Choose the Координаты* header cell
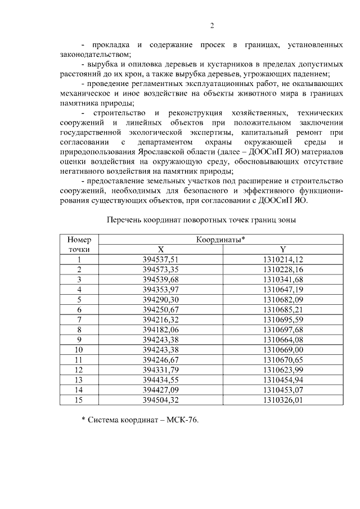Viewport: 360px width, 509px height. point(221,240)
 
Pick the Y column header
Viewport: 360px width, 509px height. point(283,249)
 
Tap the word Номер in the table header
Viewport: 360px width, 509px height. point(79,240)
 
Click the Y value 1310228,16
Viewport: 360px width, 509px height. point(283,269)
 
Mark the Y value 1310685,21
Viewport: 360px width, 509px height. point(283,309)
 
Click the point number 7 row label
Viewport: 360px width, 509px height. point(79,319)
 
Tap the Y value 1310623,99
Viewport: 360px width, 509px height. point(283,370)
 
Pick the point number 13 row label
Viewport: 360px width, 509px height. point(79,380)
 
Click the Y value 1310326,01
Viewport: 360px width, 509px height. point(283,400)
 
